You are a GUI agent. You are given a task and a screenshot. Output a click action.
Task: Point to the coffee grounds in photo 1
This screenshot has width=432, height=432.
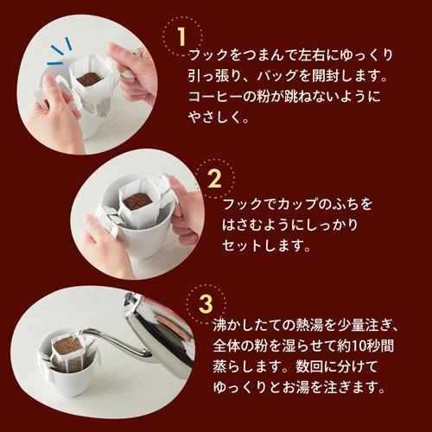(x=89, y=79)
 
